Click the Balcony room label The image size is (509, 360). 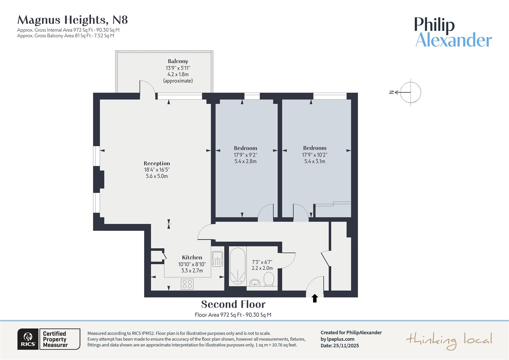[x=178, y=61]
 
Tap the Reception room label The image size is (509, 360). [x=157, y=163]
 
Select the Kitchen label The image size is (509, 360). [x=192, y=257]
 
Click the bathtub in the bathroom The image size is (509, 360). [x=238, y=266]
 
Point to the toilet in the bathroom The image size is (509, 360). [x=268, y=279]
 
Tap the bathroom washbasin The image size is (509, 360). [x=255, y=283]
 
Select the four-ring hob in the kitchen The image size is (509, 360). [x=187, y=284]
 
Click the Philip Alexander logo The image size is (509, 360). [x=453, y=32]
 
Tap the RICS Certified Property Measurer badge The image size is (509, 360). [x=49, y=339]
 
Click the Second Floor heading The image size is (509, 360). [x=233, y=304]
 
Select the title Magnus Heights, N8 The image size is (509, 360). [x=73, y=20]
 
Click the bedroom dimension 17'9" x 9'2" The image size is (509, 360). [x=246, y=155]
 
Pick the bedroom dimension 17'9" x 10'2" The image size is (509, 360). [x=315, y=155]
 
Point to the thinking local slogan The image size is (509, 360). [x=449, y=340]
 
